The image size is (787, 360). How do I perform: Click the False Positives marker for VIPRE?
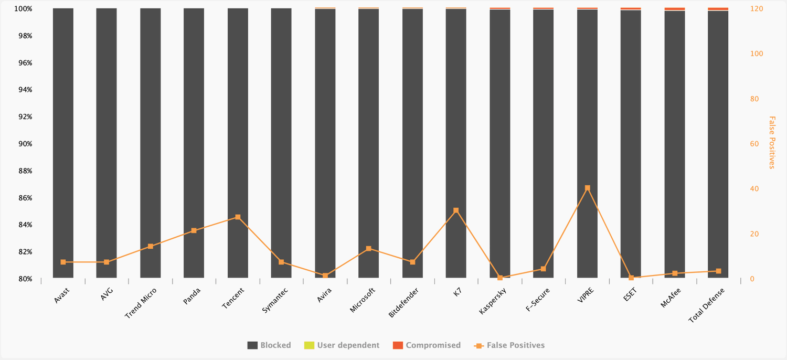click(587, 188)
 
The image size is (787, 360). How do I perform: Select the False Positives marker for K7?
click(456, 210)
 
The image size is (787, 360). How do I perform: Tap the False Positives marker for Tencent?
click(238, 217)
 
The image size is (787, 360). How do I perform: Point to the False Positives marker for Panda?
click(194, 230)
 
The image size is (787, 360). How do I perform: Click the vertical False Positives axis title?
click(771, 143)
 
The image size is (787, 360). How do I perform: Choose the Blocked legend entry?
click(269, 345)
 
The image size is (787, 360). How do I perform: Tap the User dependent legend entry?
click(342, 345)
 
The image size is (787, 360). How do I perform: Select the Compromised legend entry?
click(427, 345)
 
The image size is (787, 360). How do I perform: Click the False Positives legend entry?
click(509, 345)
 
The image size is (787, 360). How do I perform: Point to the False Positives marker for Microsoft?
click(368, 249)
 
